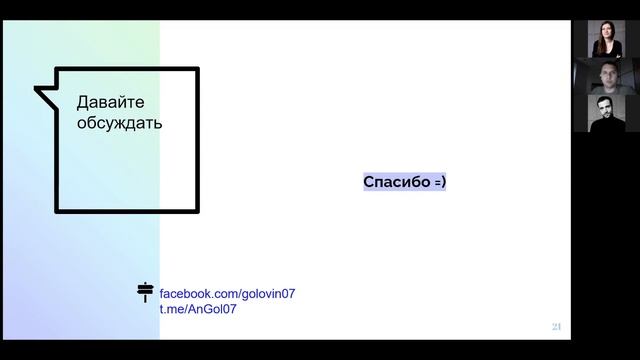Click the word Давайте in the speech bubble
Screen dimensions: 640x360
tap(111, 102)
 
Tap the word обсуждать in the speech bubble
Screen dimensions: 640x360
tap(120, 122)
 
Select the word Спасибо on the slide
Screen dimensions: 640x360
tap(397, 182)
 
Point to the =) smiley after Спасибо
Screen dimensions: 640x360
tap(440, 182)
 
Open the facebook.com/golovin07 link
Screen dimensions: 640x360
tap(227, 293)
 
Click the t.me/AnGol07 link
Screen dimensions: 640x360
tap(198, 309)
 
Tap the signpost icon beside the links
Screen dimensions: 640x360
tap(145, 292)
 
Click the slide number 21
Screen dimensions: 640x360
tap(556, 327)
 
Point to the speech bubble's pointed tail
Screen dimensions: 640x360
tap(36, 88)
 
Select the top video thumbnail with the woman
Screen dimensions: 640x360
tap(606, 39)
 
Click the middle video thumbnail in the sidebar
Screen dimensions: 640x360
tap(607, 76)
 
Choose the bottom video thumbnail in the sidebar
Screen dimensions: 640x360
tap(607, 113)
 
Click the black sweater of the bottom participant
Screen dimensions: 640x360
tap(607, 125)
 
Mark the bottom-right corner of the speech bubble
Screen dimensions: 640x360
tap(198, 212)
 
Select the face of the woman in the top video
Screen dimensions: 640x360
tap(607, 32)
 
